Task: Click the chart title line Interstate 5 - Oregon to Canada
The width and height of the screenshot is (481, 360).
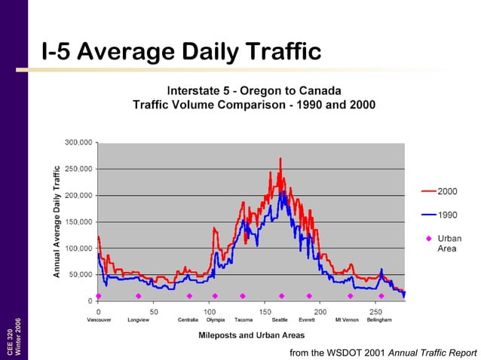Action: pos(253,88)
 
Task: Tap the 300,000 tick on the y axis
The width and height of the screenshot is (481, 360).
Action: pos(78,142)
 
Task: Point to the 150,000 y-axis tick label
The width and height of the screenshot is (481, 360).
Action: pos(78,221)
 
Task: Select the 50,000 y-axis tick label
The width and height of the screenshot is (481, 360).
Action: pos(81,275)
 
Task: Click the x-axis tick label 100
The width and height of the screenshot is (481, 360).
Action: pos(210,310)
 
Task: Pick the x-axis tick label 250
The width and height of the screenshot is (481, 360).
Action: pos(375,310)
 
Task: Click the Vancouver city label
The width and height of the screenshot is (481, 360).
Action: pos(99,320)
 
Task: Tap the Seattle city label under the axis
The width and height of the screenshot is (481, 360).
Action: pos(280,320)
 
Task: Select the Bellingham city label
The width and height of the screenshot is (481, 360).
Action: pos(378,320)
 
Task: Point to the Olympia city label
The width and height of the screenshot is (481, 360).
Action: pos(215,320)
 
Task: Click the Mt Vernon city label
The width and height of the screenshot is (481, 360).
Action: pos(347,320)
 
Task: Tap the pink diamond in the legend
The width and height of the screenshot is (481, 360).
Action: pos(428,239)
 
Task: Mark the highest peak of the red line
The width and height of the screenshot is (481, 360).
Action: pos(280,159)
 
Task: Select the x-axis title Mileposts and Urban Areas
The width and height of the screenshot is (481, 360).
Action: pos(251,335)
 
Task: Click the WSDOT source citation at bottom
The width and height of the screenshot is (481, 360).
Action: pos(383,352)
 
